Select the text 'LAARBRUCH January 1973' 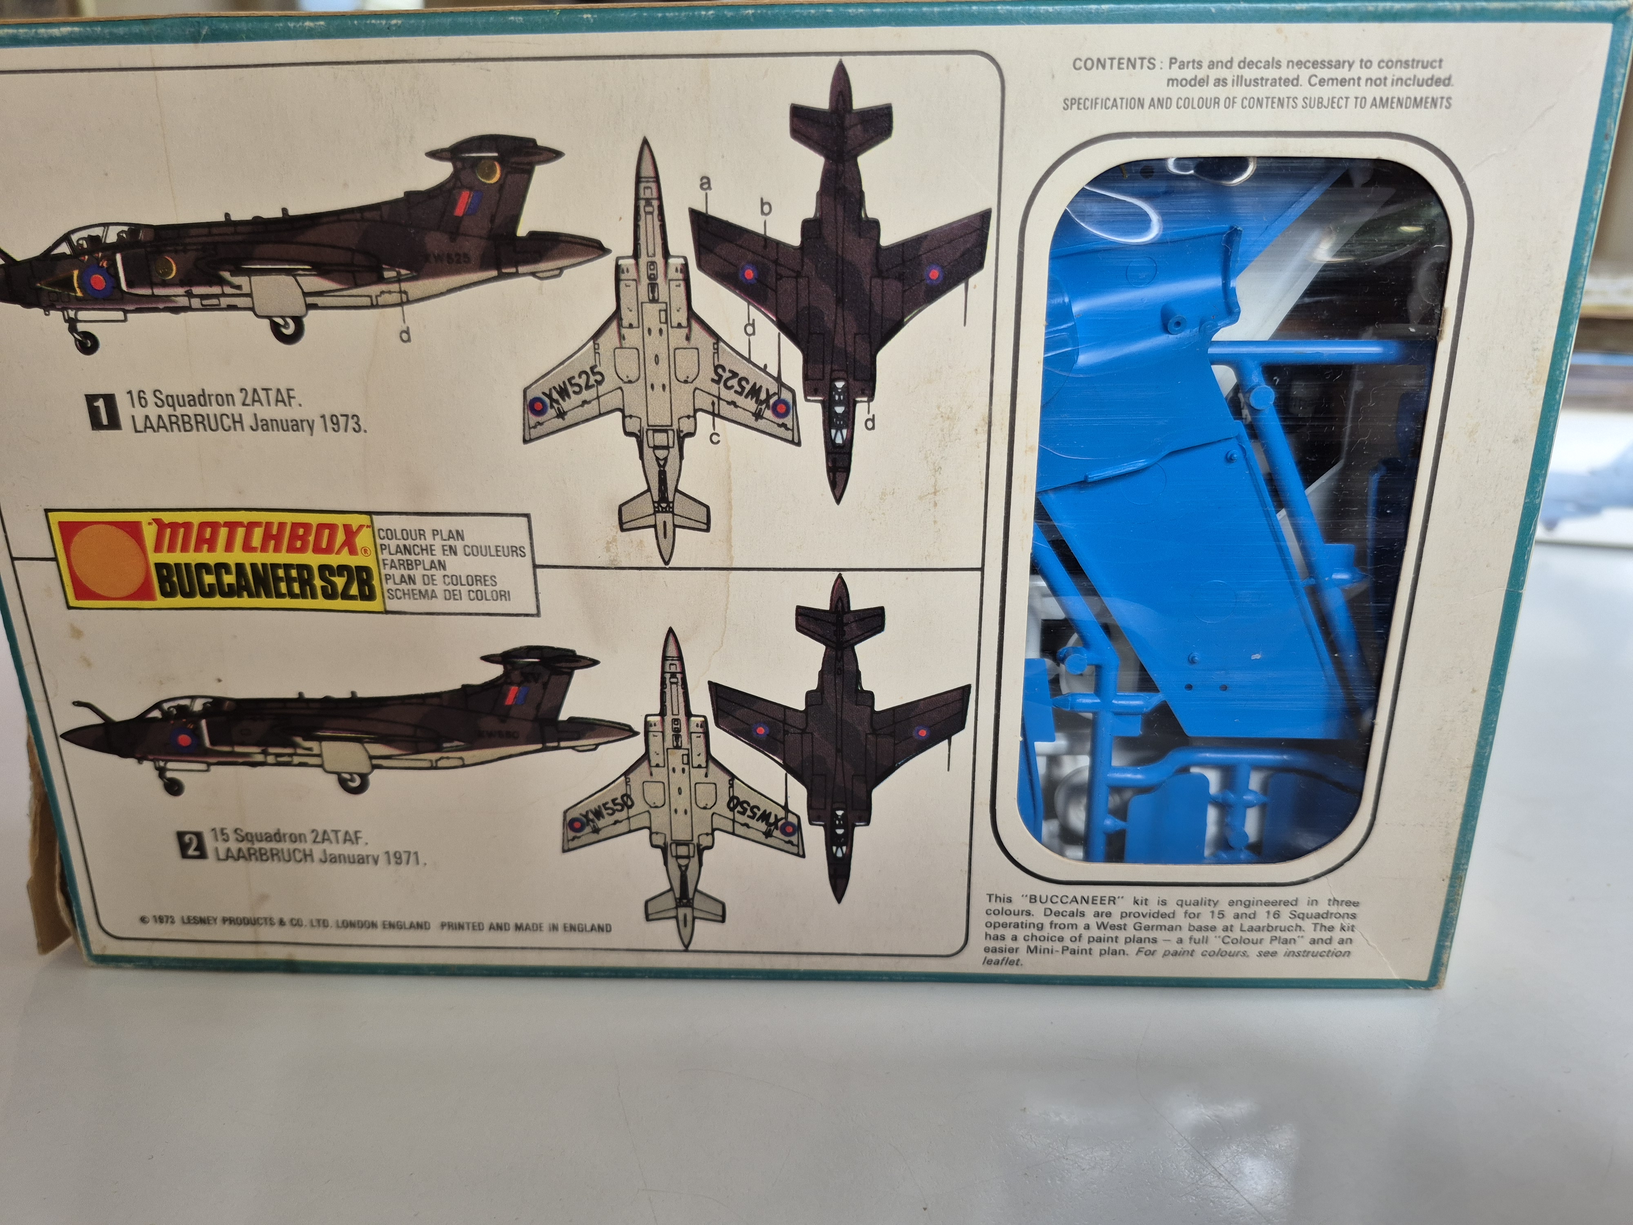coord(248,425)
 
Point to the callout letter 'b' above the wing coord(765,208)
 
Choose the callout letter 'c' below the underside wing coord(714,437)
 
